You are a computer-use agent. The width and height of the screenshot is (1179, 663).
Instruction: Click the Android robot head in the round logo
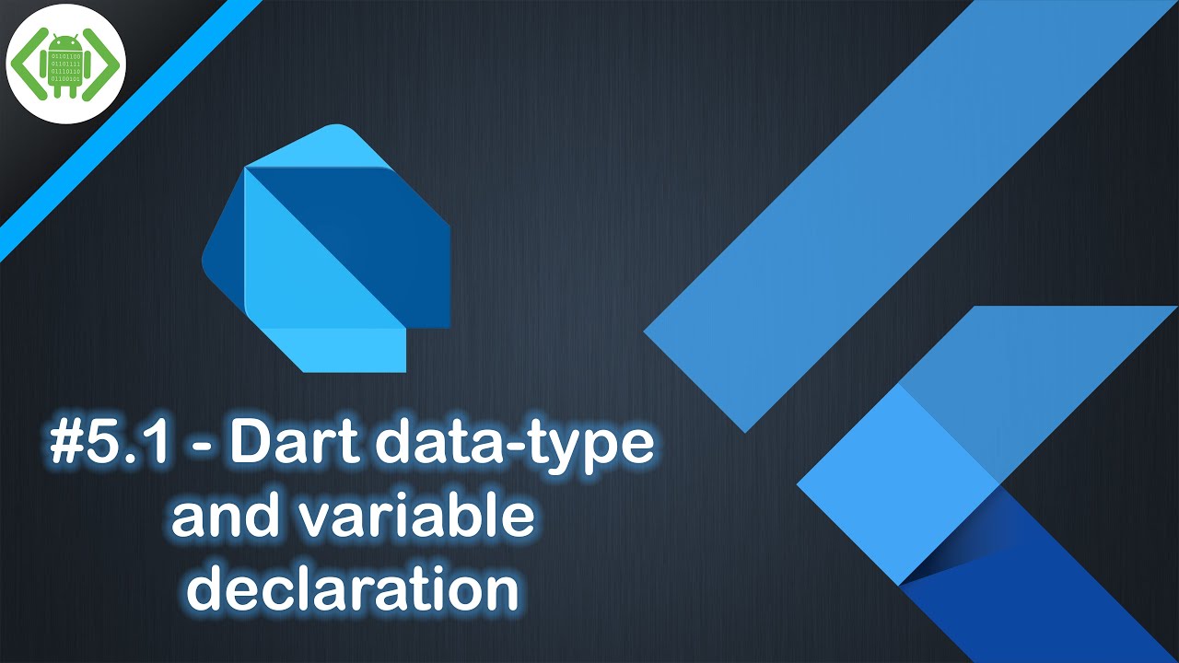(x=65, y=45)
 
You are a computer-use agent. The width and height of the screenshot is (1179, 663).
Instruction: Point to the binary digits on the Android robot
(x=66, y=74)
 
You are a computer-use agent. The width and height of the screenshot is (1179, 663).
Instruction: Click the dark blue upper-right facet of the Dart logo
(x=368, y=230)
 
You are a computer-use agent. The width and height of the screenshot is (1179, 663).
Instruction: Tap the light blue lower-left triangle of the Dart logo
(x=295, y=276)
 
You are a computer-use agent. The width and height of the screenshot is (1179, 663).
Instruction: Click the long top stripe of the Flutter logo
(x=884, y=212)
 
